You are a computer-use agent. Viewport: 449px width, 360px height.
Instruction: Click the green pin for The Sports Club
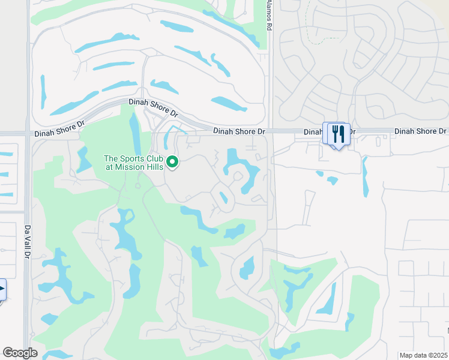click(x=172, y=162)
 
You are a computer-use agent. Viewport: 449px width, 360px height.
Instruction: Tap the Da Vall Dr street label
click(x=27, y=238)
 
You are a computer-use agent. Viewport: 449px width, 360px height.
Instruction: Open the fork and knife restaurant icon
click(x=338, y=134)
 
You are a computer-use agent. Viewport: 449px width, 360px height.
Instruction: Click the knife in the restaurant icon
click(x=342, y=133)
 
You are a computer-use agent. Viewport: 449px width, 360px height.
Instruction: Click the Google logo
click(x=20, y=353)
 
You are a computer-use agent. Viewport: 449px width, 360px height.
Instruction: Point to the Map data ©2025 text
click(x=423, y=355)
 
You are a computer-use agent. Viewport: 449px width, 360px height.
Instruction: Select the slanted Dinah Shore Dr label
click(x=154, y=107)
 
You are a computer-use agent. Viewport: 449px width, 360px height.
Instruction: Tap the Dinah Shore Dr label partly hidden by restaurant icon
click(x=330, y=131)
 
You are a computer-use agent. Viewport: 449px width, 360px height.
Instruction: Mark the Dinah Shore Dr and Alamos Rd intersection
click(x=270, y=131)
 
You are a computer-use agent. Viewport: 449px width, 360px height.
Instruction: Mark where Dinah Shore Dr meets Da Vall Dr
click(x=28, y=133)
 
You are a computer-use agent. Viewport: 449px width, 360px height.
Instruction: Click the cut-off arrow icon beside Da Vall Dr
click(x=2, y=289)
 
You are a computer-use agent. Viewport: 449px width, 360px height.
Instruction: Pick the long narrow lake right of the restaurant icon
click(x=364, y=177)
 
